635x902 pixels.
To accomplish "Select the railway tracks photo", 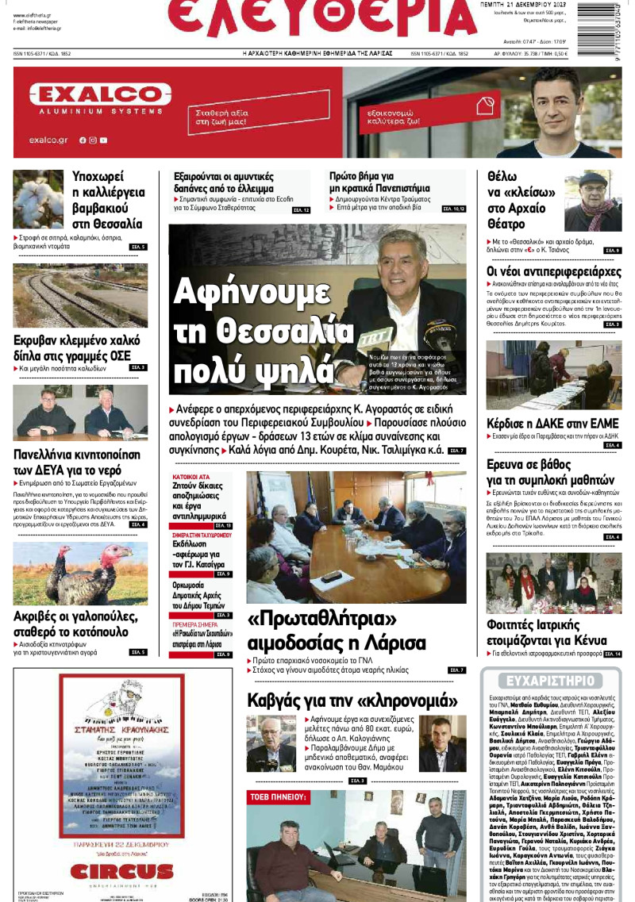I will pyautogui.click(x=79, y=295).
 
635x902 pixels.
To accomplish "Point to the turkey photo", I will pyautogui.click(x=79, y=573).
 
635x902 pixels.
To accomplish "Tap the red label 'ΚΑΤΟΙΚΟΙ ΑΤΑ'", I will pyautogui.click(x=190, y=478).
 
